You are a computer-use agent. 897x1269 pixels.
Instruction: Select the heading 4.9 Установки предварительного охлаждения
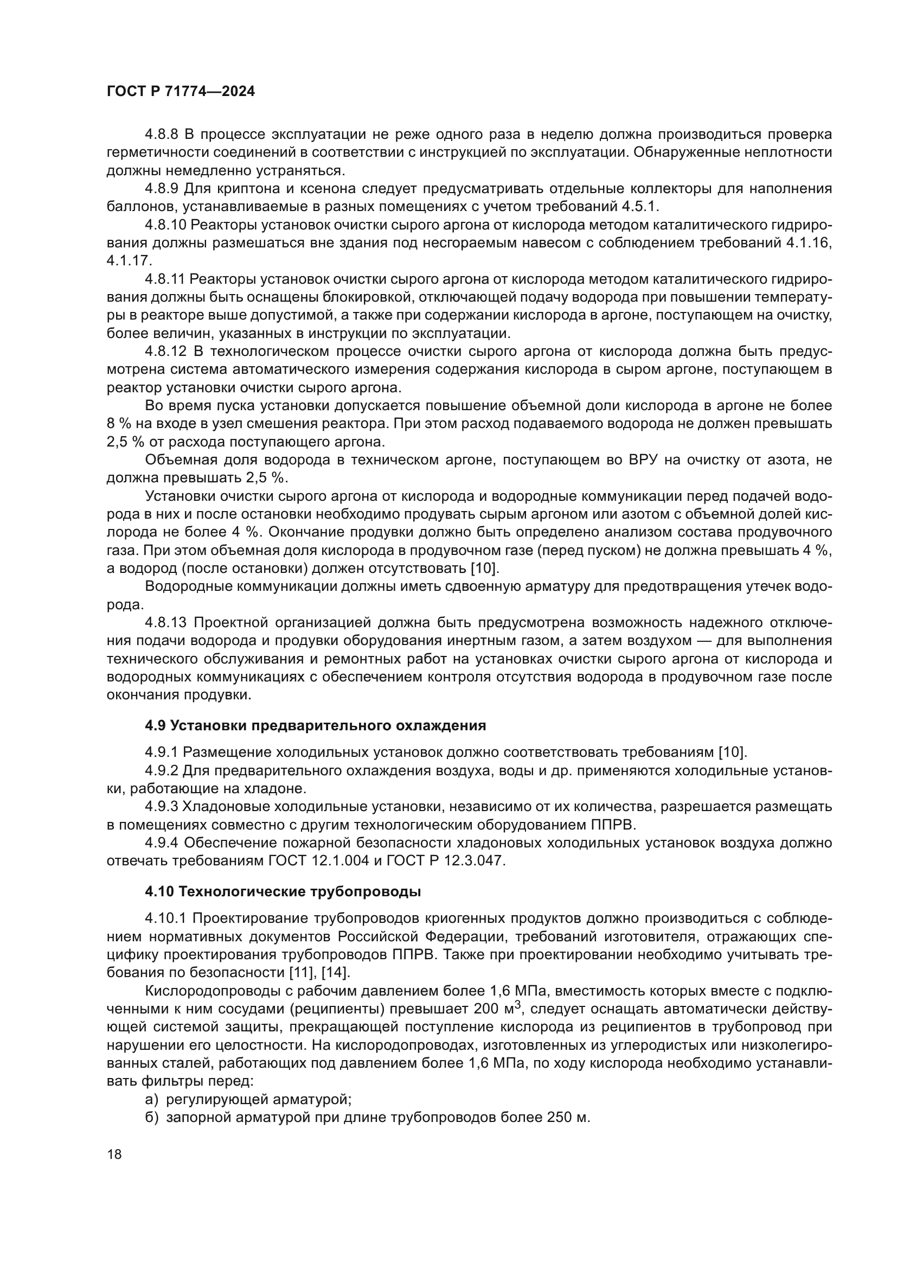(x=316, y=726)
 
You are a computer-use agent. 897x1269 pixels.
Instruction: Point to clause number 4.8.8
(x=162, y=135)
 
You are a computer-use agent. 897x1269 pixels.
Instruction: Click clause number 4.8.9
(x=162, y=188)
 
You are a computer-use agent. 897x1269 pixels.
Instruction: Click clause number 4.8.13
(x=166, y=623)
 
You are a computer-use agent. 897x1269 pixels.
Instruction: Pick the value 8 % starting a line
(x=118, y=424)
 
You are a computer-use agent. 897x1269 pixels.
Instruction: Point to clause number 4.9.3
(x=162, y=807)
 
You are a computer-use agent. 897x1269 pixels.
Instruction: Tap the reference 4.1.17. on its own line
(x=129, y=261)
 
